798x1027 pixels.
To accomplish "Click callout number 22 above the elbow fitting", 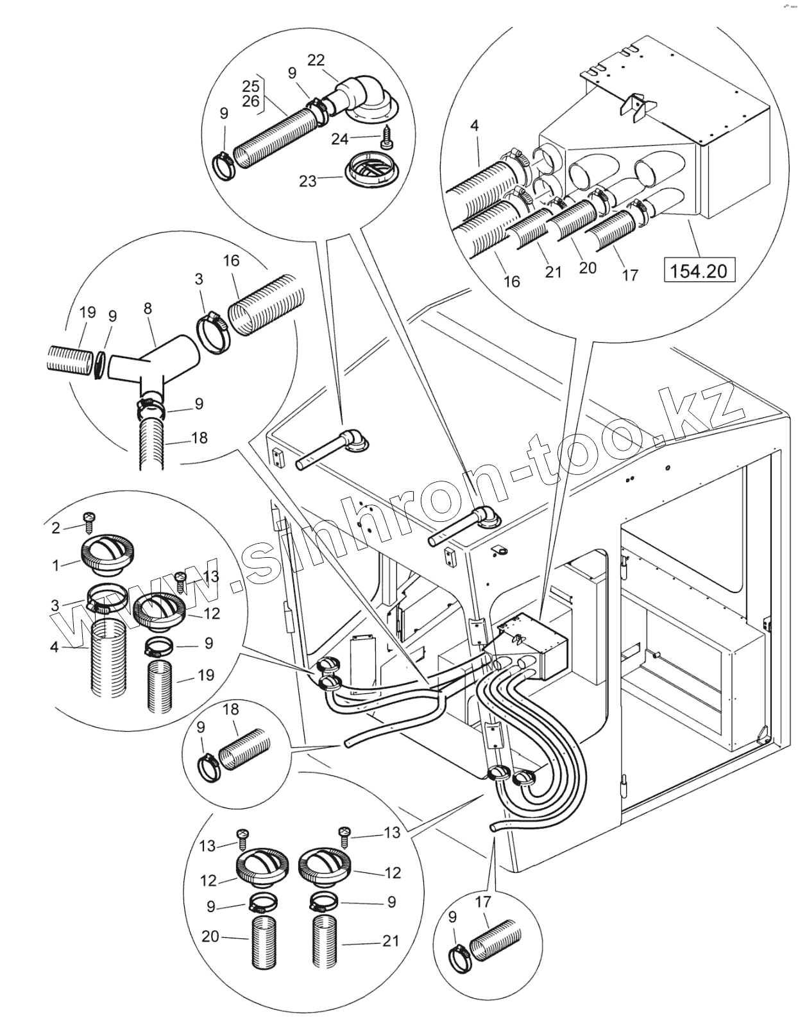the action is pyautogui.click(x=316, y=60).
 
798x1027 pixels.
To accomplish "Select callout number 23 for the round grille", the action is pyautogui.click(x=308, y=180).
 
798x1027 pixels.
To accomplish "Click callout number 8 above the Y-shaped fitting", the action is pyautogui.click(x=148, y=309).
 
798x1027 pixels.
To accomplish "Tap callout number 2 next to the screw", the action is pyautogui.click(x=56, y=528).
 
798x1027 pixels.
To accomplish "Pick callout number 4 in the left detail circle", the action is pyautogui.click(x=55, y=647).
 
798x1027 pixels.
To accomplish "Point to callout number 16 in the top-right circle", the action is pyautogui.click(x=512, y=282).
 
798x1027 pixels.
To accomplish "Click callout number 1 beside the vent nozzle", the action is pyautogui.click(x=56, y=565).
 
